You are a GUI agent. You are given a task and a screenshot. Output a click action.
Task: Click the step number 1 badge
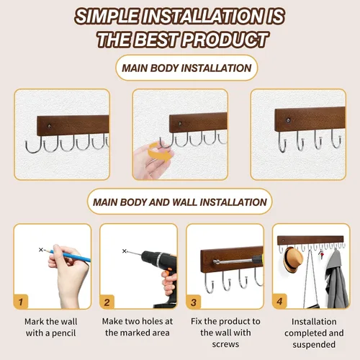pyautogui.click(x=21, y=302)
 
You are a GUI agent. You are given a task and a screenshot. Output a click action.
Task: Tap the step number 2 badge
pyautogui.click(x=107, y=302)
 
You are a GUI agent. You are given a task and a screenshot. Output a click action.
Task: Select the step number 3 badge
pyautogui.click(x=194, y=302)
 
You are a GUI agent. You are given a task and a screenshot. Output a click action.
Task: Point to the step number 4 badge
pyautogui.click(x=280, y=301)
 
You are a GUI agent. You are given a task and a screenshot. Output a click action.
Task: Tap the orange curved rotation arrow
pyautogui.click(x=161, y=151)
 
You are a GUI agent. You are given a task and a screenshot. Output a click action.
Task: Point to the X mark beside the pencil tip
pyautogui.click(x=41, y=250)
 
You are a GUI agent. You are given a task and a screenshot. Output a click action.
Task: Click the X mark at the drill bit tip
pyautogui.click(x=124, y=251)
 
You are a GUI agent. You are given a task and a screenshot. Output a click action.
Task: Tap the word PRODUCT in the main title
pyautogui.click(x=225, y=40)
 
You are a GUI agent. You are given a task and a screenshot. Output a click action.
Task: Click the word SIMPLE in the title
pyautogui.click(x=107, y=17)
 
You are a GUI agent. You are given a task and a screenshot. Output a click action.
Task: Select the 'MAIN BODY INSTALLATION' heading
pyautogui.click(x=186, y=68)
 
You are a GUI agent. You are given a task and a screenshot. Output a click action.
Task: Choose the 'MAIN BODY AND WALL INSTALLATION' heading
pyautogui.click(x=180, y=202)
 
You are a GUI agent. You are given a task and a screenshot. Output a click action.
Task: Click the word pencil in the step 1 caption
pyautogui.click(x=63, y=333)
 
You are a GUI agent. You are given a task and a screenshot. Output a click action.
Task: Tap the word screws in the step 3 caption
pyautogui.click(x=225, y=345)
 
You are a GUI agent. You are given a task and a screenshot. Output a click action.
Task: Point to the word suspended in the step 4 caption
pyautogui.click(x=314, y=345)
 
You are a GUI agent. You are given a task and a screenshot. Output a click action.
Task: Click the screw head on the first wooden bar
pyautogui.click(x=50, y=126)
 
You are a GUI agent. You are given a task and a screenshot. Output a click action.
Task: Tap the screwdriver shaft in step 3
pyautogui.click(x=233, y=261)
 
